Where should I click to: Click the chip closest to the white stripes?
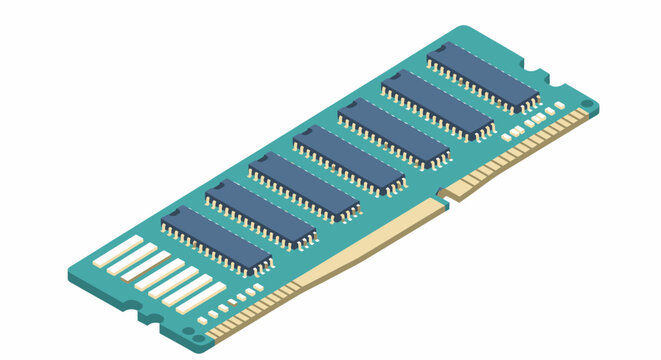click(x=217, y=240)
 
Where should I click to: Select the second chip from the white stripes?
click(x=261, y=213)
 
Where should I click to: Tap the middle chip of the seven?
click(x=349, y=160)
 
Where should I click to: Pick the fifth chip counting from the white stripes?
click(x=393, y=133)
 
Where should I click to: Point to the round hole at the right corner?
click(x=587, y=104)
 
